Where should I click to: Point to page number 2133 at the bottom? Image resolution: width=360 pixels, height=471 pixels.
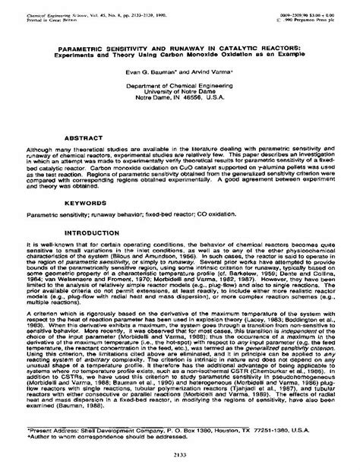[x=179, y=450]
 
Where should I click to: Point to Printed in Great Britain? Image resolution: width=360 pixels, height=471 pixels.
[x=46, y=14]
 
